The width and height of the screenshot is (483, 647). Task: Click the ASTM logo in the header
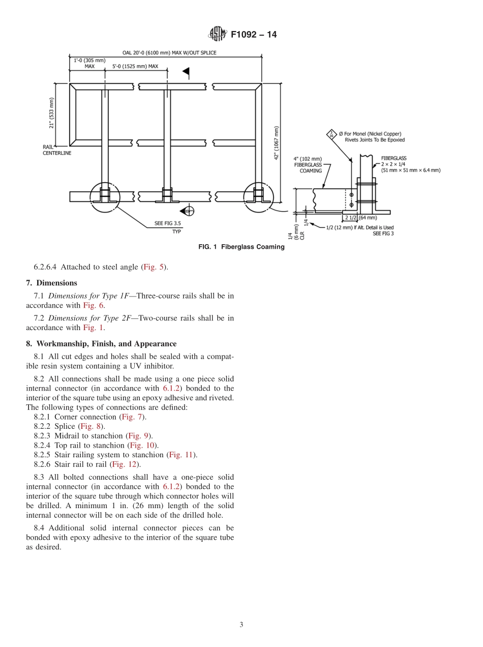coord(217,35)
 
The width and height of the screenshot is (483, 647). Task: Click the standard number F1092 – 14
coord(253,35)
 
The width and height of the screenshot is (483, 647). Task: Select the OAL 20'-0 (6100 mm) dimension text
coord(169,53)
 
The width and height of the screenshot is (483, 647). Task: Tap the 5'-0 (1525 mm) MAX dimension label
coord(135,67)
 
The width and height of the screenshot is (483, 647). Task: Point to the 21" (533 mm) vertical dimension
coord(52,113)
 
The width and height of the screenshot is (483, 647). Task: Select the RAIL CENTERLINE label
coord(56,150)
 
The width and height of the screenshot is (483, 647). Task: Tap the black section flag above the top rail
coord(186,71)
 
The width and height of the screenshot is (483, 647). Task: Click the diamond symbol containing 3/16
coord(331,135)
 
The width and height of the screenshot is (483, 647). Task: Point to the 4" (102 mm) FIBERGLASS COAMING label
coord(308,165)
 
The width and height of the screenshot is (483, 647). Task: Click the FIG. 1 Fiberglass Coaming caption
coord(241,247)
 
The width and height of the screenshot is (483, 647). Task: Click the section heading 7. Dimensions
coord(51,283)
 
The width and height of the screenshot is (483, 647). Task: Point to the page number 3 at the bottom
coord(241,625)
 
